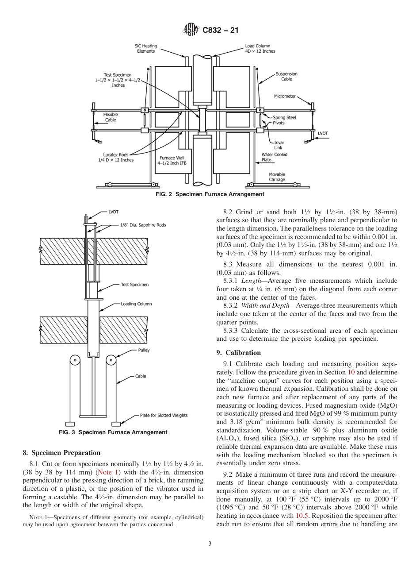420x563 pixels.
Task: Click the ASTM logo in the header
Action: pyautogui.click(x=191, y=30)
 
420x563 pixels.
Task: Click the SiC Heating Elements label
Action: pyautogui.click(x=146, y=48)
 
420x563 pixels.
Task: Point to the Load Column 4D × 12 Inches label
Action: pyautogui.click(x=260, y=48)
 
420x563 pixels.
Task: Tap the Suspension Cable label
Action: pyautogui.click(x=286, y=76)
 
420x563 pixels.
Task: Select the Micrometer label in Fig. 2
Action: pyautogui.click(x=285, y=96)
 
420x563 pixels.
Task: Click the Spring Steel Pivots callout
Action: pyautogui.click(x=284, y=120)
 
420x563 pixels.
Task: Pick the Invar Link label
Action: pyautogui.click(x=279, y=145)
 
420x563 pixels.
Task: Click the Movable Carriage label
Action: pyautogui.click(x=277, y=177)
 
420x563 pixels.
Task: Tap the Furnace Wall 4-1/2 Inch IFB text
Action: pyautogui.click(x=171, y=160)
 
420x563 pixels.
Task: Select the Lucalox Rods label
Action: pyautogui.click(x=116, y=157)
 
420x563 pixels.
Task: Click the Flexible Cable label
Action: pyautogui.click(x=111, y=117)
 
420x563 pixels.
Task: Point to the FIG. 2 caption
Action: pyautogui.click(x=210, y=194)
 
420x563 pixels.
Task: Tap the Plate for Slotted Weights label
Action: pyautogui.click(x=164, y=415)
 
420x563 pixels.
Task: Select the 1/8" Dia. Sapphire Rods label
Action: pyautogui.click(x=143, y=225)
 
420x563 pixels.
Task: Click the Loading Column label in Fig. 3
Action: pyautogui.click(x=136, y=304)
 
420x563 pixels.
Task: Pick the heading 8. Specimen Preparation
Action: pyautogui.click(x=61, y=453)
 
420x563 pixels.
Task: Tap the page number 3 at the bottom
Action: pyautogui.click(x=210, y=544)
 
